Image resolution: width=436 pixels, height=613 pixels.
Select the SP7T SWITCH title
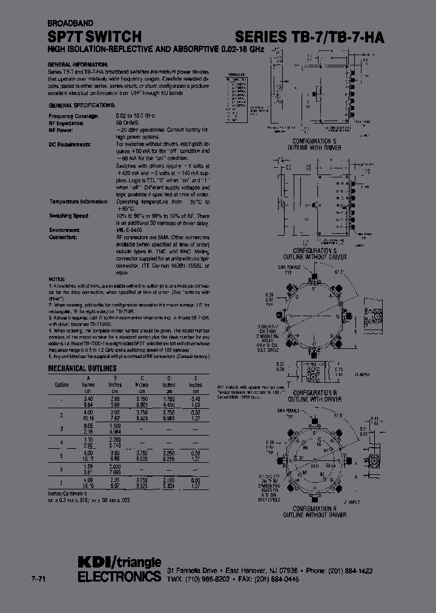coord(94,36)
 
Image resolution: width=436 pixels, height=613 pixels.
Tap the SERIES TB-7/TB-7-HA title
coord(309,36)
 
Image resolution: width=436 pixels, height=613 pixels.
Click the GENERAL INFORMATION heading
coord(78,64)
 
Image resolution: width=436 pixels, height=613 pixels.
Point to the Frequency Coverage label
coord(73,115)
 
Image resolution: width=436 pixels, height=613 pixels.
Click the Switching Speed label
coord(69,216)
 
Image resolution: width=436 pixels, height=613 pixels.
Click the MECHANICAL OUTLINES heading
coord(82,368)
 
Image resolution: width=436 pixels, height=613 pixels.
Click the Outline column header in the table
coord(62,384)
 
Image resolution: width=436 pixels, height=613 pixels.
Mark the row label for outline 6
coord(62,469)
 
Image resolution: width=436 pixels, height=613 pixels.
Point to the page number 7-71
coord(38,580)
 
